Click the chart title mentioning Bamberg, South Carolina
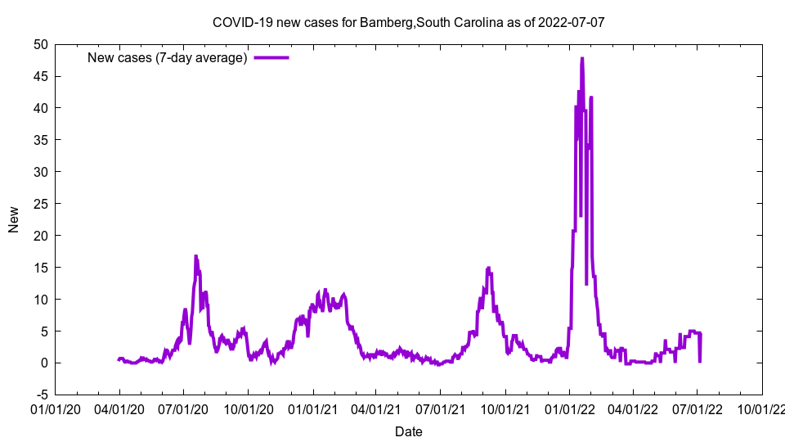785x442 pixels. tap(408, 22)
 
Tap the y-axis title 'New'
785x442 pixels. tap(14, 219)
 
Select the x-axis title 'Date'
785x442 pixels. tap(408, 431)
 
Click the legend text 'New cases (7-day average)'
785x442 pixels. tap(167, 57)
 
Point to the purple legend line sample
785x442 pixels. tap(271, 57)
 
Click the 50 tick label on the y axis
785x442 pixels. tap(40, 44)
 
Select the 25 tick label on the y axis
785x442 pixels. tap(40, 204)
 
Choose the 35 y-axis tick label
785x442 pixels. tap(40, 140)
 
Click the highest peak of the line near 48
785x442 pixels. tap(582, 59)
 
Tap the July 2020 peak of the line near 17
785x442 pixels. tap(196, 256)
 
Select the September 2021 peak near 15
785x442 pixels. tap(488, 268)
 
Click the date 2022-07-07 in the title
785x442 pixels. tap(572, 22)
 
